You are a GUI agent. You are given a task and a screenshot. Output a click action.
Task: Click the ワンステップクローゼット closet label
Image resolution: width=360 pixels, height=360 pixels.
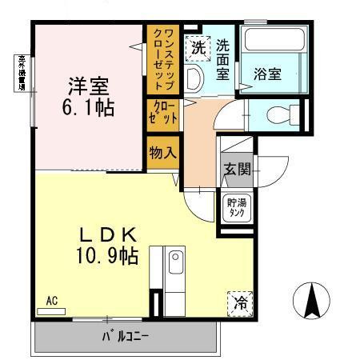tap(157, 59)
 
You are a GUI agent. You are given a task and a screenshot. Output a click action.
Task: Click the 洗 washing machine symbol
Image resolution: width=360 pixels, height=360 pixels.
tap(197, 46)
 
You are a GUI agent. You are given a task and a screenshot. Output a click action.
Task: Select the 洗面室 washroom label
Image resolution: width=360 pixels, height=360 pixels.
tap(223, 60)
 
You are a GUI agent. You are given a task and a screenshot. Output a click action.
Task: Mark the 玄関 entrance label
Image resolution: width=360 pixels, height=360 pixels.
tap(237, 170)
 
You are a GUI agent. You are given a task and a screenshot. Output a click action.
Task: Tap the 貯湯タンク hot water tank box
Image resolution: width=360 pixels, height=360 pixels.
tap(236, 207)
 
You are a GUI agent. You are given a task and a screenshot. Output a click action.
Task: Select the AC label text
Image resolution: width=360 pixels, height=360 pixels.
tap(51, 301)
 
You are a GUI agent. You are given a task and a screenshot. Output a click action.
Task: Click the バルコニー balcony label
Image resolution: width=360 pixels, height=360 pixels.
tap(125, 336)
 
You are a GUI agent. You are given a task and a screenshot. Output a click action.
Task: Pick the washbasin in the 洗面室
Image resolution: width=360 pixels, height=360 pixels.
tap(194, 78)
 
